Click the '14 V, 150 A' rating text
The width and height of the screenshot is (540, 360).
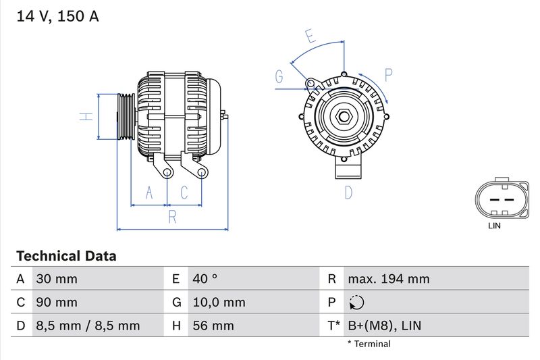57,17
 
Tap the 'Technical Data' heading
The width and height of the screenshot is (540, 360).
66,256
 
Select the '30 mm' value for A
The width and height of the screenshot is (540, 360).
57,279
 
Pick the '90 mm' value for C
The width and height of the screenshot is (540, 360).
57,303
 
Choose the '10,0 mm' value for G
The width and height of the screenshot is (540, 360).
219,303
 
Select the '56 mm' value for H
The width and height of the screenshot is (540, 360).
213,326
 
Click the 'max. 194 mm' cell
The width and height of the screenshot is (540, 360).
388,279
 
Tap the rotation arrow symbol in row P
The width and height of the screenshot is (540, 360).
357,303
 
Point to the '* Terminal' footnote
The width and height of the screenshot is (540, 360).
369,344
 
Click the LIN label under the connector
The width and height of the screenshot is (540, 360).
494,226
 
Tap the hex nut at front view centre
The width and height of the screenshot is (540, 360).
344,117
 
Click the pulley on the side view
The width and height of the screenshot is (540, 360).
126,117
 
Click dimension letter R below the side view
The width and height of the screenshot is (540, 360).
172,217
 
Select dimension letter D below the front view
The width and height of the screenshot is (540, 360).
348,192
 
